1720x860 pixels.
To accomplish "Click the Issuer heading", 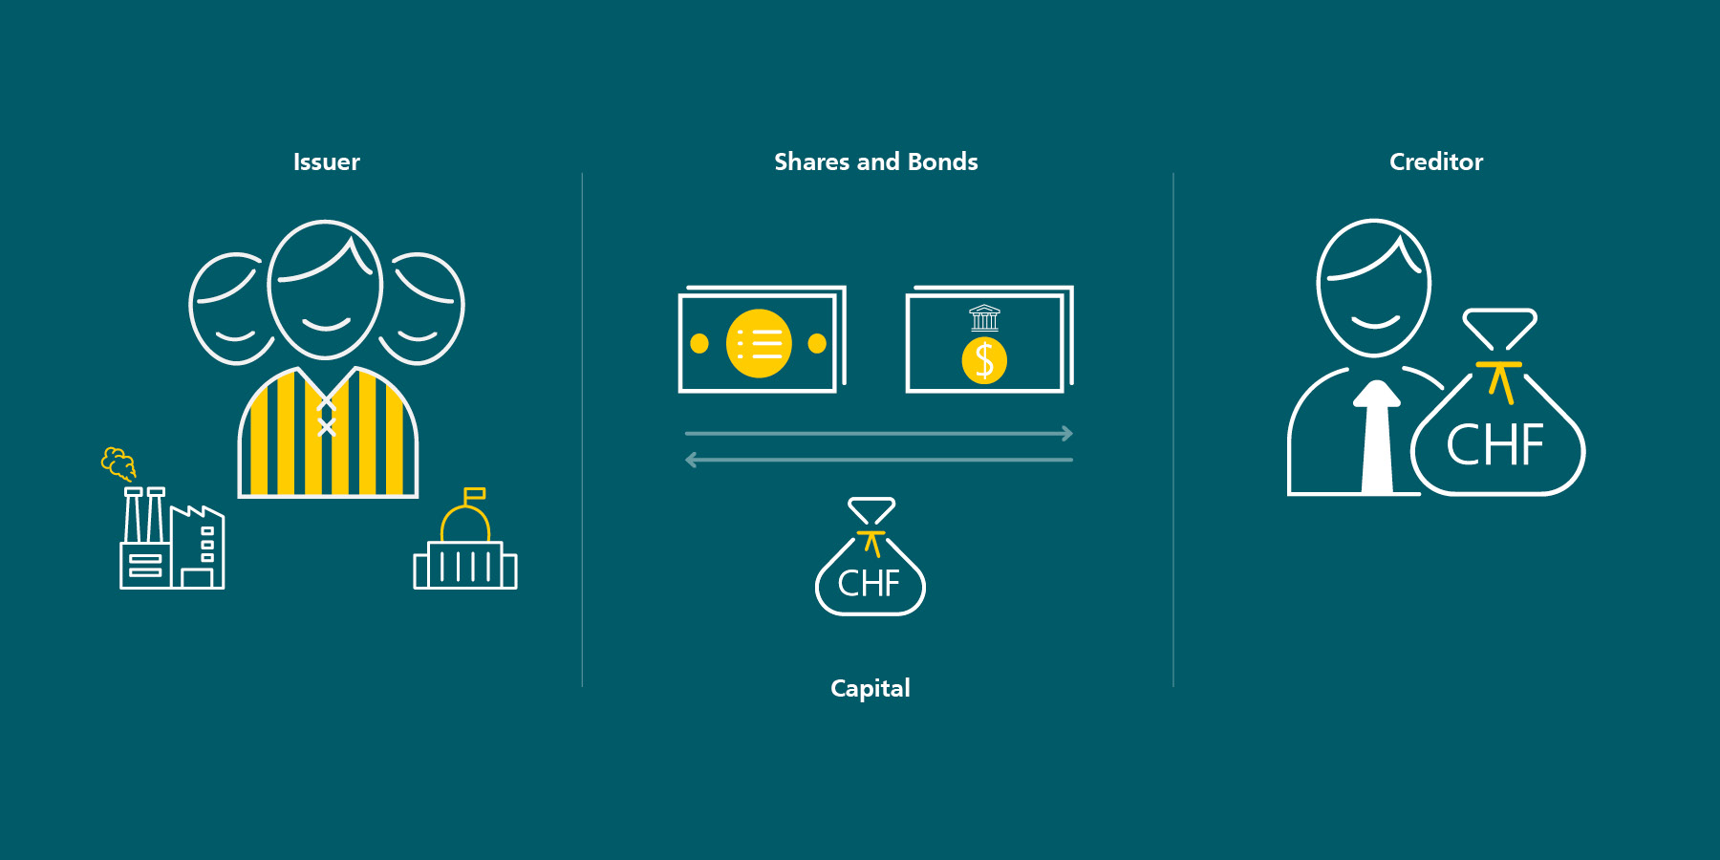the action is point(327,162).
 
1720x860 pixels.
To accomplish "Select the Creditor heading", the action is point(1436,162).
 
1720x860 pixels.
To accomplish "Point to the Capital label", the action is point(871,689).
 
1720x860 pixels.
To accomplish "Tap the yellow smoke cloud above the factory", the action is point(118,462).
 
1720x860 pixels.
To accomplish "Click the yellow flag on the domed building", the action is point(475,494).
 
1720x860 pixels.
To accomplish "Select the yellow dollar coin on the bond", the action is point(984,360).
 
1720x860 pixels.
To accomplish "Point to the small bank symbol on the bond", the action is point(984,318).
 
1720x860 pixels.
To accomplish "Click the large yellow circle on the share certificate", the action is point(759,343).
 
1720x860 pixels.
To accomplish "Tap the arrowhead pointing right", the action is point(1067,434).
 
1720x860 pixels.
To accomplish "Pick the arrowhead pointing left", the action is point(692,461).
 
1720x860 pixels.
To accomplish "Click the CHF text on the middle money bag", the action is point(869,583).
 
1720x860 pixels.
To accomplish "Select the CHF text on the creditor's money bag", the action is point(1495,444).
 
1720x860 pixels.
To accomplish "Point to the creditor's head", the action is point(1374,288).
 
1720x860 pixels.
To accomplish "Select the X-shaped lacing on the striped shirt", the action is point(327,418).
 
